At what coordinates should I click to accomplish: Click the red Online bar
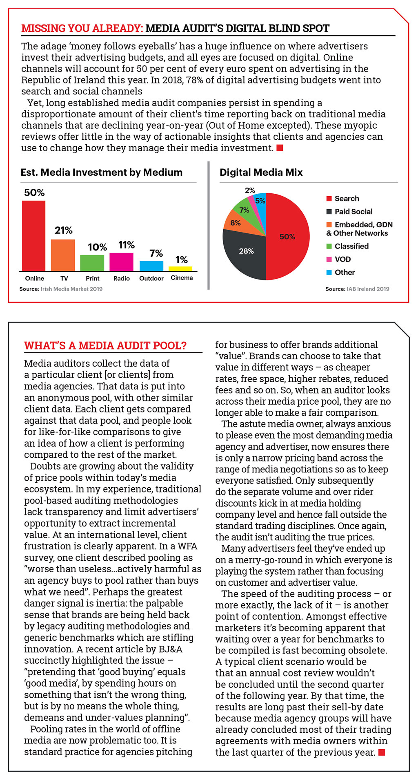[x=33, y=235]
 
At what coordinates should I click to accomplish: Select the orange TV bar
[x=63, y=255]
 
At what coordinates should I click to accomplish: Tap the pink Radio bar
[x=121, y=262]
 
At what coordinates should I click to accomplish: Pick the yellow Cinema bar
[x=180, y=269]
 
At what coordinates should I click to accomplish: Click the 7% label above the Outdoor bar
[x=156, y=253]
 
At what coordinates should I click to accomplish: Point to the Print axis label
[x=93, y=278]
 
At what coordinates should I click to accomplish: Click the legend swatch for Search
[x=329, y=199]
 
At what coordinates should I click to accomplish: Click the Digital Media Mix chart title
[x=261, y=172]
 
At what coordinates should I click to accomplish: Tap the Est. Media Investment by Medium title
[x=102, y=172]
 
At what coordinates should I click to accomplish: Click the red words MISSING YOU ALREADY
[x=82, y=29]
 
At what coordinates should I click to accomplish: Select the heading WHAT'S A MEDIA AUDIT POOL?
[x=105, y=346]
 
